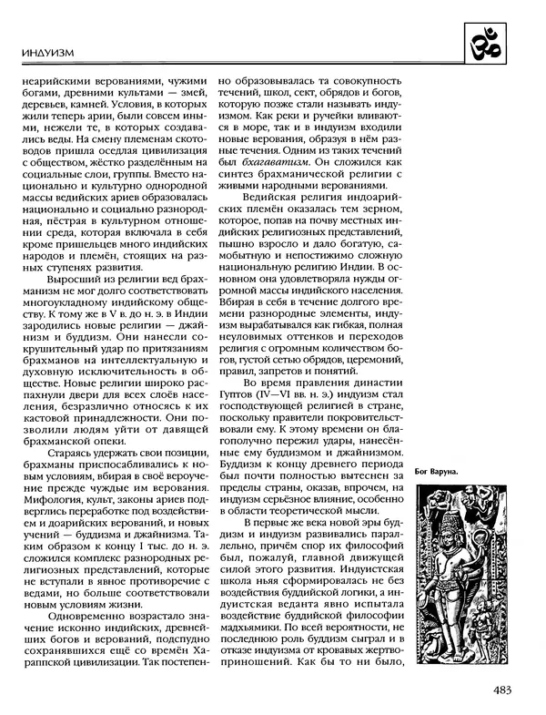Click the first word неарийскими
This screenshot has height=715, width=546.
[56, 78]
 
